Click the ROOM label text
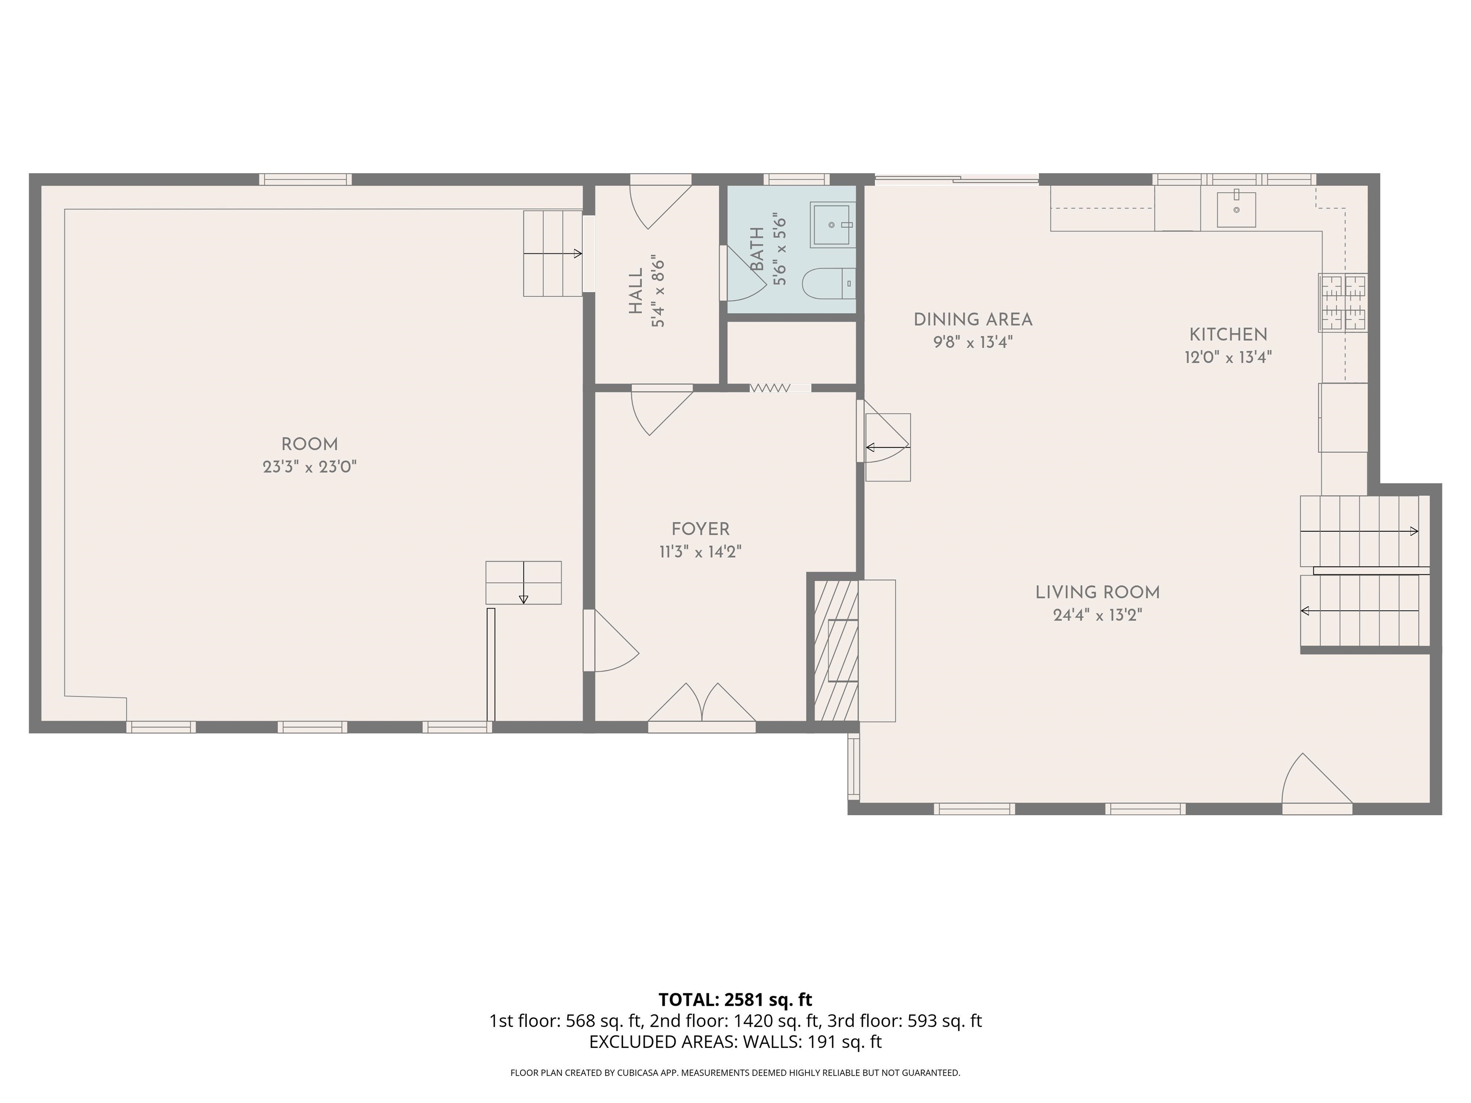pyautogui.click(x=309, y=445)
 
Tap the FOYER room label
pyautogui.click(x=700, y=529)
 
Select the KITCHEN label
pyautogui.click(x=1228, y=335)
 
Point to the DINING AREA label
pyautogui.click(x=973, y=320)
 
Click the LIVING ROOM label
pyautogui.click(x=1098, y=592)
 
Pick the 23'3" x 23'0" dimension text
pyautogui.click(x=309, y=467)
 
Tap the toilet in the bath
pyautogui.click(x=828, y=284)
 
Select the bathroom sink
pyautogui.click(x=832, y=225)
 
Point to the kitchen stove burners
pyautogui.click(x=1343, y=303)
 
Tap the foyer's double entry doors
pyautogui.click(x=702, y=703)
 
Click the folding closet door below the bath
pyautogui.click(x=770, y=388)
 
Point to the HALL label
pyautogui.click(x=636, y=291)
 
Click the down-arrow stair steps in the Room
pyautogui.click(x=523, y=583)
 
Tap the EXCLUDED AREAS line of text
pyautogui.click(x=735, y=1042)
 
